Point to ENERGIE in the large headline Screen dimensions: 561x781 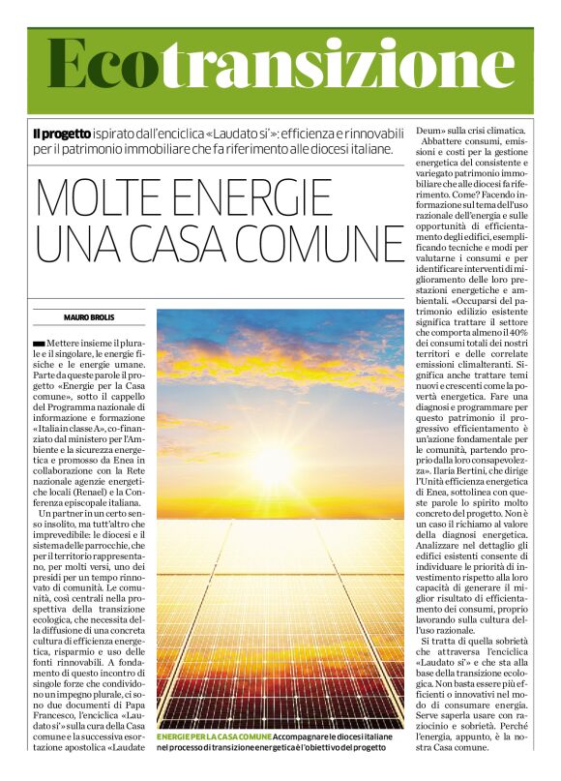(261, 197)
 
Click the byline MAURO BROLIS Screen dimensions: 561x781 (89, 317)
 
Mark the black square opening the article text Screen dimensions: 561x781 (39, 344)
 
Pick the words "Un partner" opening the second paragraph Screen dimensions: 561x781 (62, 513)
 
